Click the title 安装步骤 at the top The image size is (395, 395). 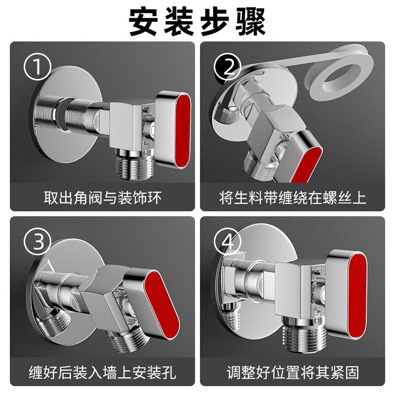tap(197, 21)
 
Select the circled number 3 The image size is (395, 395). tap(39, 242)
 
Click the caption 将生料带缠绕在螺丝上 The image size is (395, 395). tap(292, 198)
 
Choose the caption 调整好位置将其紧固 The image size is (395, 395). tap(292, 371)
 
